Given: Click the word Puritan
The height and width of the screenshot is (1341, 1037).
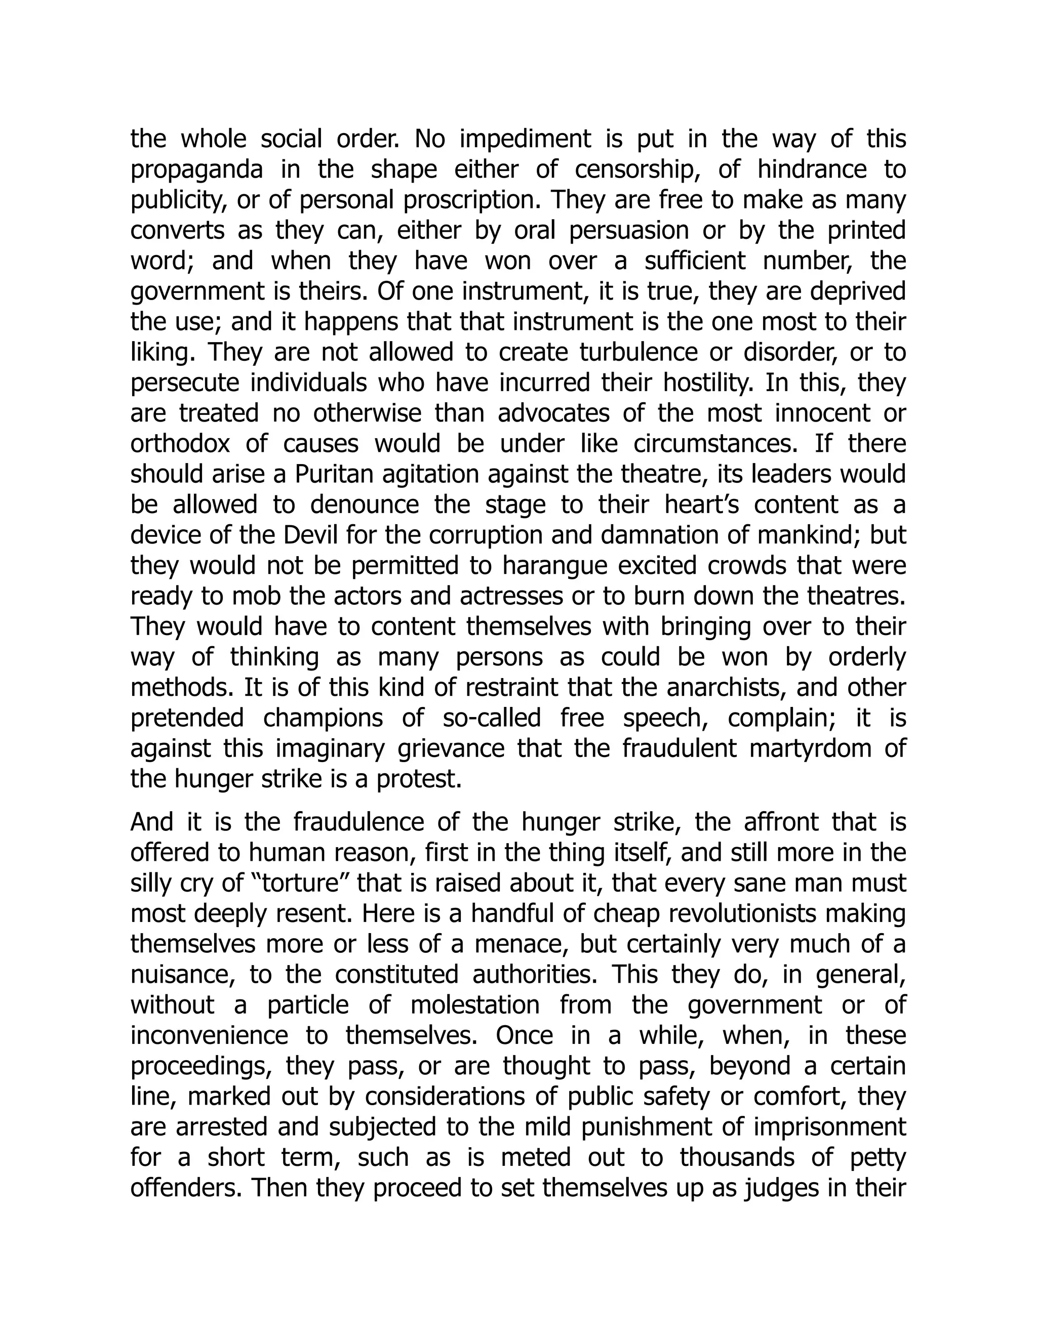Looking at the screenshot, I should [331, 475].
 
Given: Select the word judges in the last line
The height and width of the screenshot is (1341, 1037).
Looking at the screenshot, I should [781, 1188].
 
